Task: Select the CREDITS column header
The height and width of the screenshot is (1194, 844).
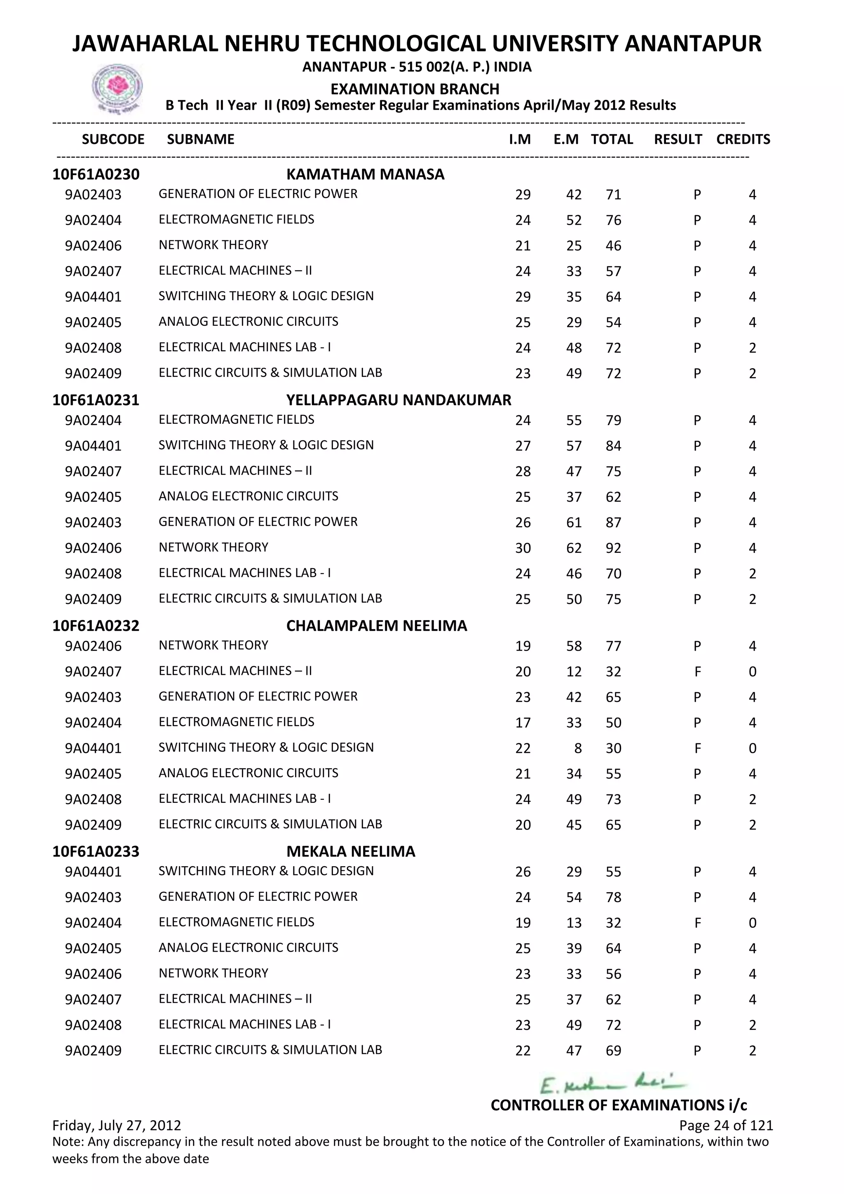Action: [x=743, y=139]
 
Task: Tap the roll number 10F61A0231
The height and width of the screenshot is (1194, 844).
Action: [x=96, y=400]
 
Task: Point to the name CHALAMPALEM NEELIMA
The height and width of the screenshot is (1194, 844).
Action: [x=376, y=625]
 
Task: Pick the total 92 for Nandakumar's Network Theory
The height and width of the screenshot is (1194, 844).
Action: [x=613, y=548]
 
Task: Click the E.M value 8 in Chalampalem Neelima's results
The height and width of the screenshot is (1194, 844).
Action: [x=578, y=748]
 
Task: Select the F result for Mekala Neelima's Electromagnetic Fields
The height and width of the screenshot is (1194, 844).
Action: [x=697, y=923]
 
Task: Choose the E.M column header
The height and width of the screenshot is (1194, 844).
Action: [x=565, y=139]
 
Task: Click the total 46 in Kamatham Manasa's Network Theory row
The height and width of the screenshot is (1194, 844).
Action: [x=613, y=246]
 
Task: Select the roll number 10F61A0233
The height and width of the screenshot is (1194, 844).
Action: [x=96, y=851]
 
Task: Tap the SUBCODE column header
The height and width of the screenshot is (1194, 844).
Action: [x=113, y=139]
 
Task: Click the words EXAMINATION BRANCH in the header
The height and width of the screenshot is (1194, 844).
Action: [x=415, y=89]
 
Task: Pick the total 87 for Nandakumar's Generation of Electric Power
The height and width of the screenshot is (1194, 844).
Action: [x=613, y=523]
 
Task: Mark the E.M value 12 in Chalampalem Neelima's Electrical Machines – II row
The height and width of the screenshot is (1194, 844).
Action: [x=574, y=672]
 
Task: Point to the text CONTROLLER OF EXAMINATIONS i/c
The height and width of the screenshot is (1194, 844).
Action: [x=619, y=1105]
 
